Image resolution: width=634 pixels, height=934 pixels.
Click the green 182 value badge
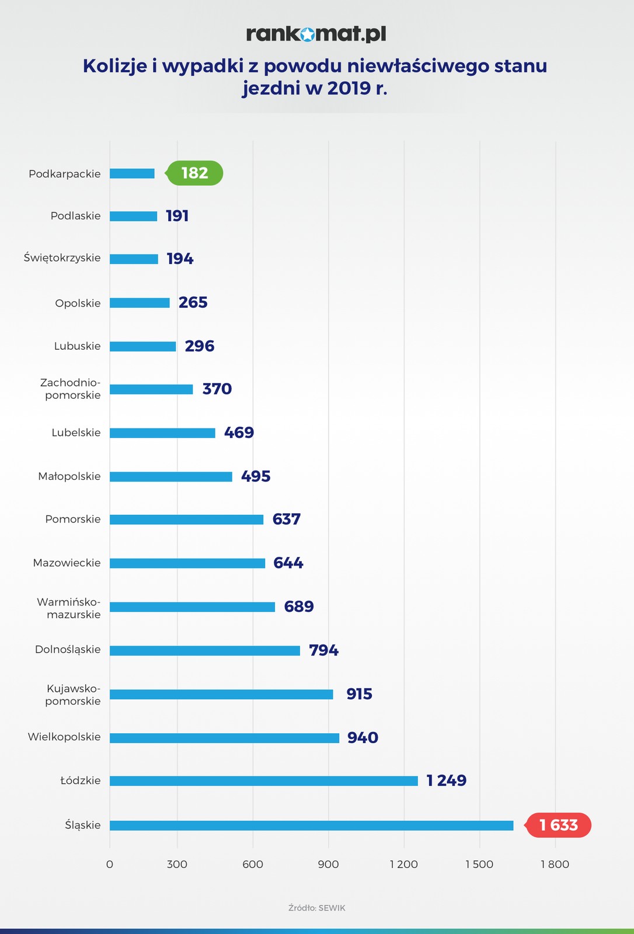pos(194,173)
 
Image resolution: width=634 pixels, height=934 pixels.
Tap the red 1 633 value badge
pos(559,825)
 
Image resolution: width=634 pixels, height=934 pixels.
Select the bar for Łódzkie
pos(264,781)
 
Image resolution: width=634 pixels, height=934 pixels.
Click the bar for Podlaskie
pos(134,216)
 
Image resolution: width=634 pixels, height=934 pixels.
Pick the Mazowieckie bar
pos(187,563)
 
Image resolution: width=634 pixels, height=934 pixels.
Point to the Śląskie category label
pos(83,825)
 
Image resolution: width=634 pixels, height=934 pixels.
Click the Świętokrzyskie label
pos(62,258)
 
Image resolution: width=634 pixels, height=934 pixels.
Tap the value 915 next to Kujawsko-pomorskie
pos(359,693)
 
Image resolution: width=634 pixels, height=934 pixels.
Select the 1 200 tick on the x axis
pos(404,865)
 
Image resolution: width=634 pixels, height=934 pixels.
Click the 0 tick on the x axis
pos(110,865)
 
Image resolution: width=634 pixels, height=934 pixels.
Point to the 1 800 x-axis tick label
pos(555,865)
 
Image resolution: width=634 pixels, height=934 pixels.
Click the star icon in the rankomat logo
pos(307,35)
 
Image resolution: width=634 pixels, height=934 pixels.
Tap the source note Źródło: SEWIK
pos(317,908)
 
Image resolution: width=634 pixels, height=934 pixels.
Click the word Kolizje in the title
pos(115,65)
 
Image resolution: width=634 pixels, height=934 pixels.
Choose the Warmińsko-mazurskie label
pos(69,608)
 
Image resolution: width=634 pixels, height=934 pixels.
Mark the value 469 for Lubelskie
pos(239,433)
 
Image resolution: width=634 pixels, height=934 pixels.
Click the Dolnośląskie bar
pos(205,650)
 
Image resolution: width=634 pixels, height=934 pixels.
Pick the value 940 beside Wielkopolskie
pos(363,737)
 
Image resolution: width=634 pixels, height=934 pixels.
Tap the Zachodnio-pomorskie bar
pos(151,389)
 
